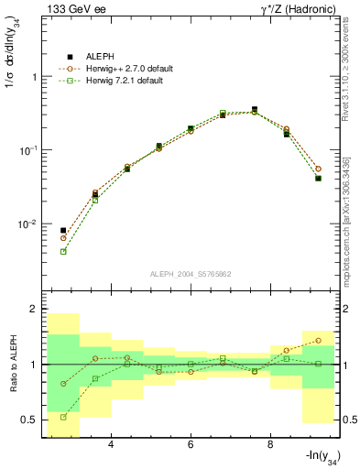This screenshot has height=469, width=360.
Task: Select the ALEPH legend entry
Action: pos(102,57)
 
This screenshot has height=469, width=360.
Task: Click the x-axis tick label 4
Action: pos(110,444)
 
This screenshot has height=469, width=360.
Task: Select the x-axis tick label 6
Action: pos(190,444)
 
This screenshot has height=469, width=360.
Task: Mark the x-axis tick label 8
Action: pos(269,444)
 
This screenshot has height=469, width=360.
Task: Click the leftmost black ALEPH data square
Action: pos(63,231)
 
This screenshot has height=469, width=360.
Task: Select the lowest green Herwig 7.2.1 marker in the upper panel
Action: pos(63,251)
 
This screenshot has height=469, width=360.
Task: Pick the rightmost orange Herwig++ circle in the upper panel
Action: pos(318,169)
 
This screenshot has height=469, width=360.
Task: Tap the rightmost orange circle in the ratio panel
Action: pos(318,340)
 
